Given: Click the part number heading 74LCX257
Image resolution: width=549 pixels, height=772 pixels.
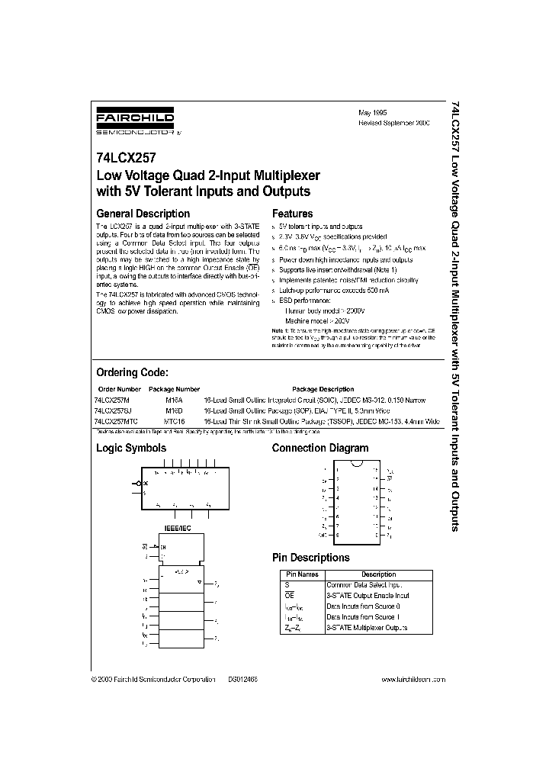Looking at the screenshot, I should point(127,160).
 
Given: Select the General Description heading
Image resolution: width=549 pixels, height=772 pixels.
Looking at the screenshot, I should point(143,214).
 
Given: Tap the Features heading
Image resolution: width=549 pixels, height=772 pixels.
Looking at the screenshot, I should point(292,214).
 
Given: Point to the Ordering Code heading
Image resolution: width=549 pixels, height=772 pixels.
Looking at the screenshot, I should point(131,373).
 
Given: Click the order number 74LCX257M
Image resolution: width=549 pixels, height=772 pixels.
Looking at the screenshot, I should point(112,400).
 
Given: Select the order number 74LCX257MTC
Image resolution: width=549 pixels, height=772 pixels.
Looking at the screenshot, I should point(116,421).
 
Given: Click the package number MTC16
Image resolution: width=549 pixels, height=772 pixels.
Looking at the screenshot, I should point(175,421).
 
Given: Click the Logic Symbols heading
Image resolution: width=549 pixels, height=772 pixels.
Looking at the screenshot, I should point(130,449).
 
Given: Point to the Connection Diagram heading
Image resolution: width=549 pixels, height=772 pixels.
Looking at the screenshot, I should point(319,449).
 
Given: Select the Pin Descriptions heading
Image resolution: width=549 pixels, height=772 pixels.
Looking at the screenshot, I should point(310,558).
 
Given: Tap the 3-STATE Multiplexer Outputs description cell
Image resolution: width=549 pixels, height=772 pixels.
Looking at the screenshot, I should point(367,627).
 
